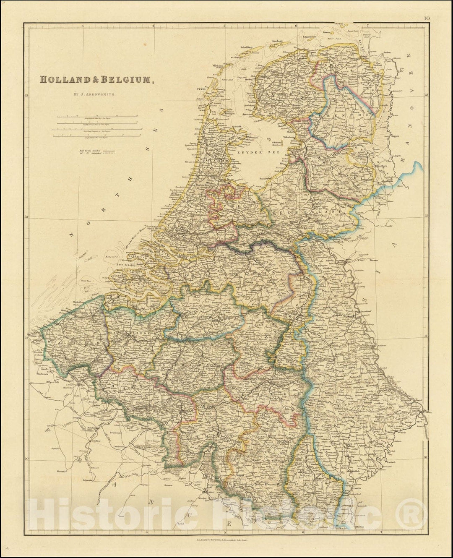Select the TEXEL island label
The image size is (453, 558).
203,90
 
